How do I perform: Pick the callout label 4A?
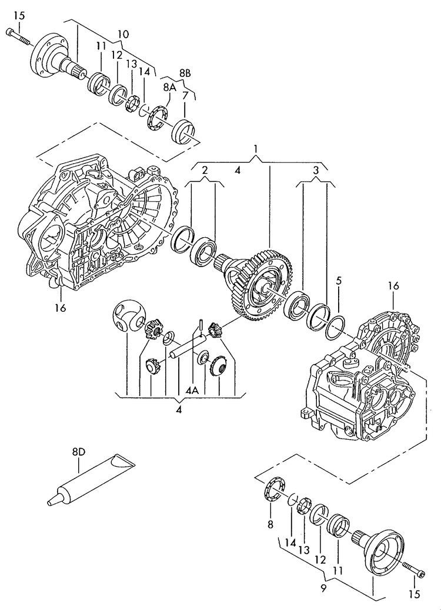(x=192, y=389)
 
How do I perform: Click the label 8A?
(x=169, y=87)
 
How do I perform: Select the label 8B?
(x=185, y=73)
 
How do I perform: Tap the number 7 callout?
(x=185, y=95)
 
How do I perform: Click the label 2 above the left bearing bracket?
(x=205, y=170)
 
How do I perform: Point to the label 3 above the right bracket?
(x=315, y=170)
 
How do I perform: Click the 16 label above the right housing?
(x=393, y=286)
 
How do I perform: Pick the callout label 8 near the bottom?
(x=270, y=524)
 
